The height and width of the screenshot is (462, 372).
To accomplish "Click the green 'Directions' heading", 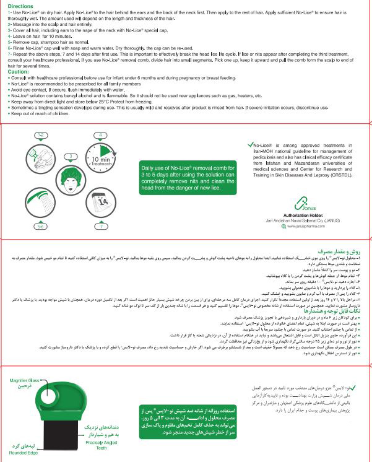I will coord(20,6).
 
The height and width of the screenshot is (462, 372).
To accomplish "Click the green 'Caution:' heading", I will coord(18,71).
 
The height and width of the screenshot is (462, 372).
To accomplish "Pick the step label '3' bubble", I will coord(71,155).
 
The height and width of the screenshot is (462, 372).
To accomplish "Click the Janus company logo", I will coord(301,202).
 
